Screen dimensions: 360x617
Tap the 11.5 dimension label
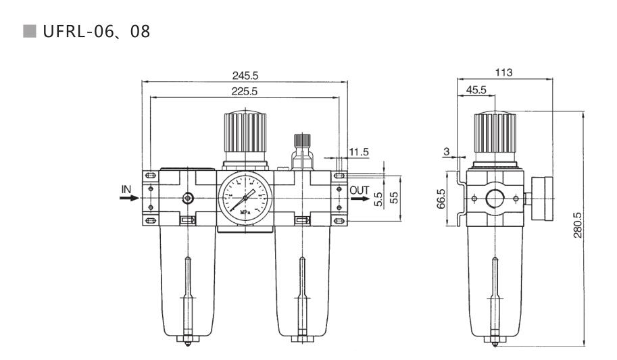[x=359, y=152]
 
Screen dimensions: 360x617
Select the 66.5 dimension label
[x=441, y=199]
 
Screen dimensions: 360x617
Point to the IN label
[x=126, y=189]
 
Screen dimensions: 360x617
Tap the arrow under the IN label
[x=130, y=199]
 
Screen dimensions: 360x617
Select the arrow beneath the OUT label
[x=359, y=199]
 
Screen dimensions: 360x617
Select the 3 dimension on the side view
[x=447, y=151]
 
